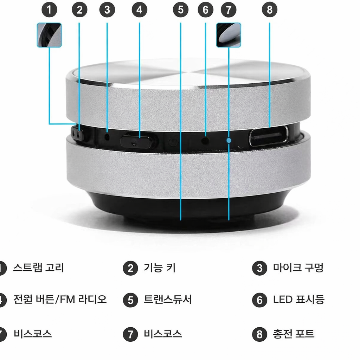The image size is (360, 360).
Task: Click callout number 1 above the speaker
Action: pyautogui.click(x=50, y=10)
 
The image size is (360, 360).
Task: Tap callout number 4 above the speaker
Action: pyautogui.click(x=139, y=10)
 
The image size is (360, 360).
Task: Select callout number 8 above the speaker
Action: pyautogui.click(x=270, y=10)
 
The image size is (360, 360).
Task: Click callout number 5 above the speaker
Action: pyautogui.click(x=180, y=10)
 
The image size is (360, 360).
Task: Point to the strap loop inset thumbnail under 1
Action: pyautogui.click(x=49, y=35)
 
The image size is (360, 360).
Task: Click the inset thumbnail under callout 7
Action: pyautogui.click(x=229, y=35)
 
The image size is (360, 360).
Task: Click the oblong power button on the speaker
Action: pyautogui.click(x=137, y=141)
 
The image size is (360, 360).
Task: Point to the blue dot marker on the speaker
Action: pyautogui.click(x=229, y=140)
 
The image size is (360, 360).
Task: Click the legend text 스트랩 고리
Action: pyautogui.click(x=38, y=268)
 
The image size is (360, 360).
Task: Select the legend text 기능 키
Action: pyautogui.click(x=160, y=268)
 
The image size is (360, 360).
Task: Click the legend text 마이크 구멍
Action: pyautogui.click(x=298, y=268)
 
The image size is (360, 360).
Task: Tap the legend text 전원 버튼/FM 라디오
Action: pyautogui.click(x=60, y=300)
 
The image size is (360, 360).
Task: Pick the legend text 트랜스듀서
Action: pyautogui.click(x=168, y=300)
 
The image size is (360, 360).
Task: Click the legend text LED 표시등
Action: pyautogui.click(x=298, y=300)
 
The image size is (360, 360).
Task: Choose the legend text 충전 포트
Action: pyautogui.click(x=294, y=334)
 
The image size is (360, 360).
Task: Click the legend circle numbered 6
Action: pyautogui.click(x=259, y=300)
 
